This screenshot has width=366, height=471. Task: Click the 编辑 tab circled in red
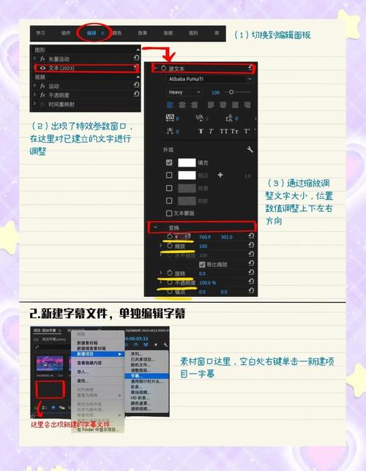pyautogui.click(x=91, y=33)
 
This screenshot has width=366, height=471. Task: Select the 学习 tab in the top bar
pyautogui.click(x=41, y=33)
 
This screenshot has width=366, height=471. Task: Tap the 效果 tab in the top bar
pyautogui.click(x=143, y=33)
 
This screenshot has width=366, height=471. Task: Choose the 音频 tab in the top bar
pyautogui.click(x=168, y=33)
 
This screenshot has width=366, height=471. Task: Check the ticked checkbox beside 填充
pyautogui.click(x=169, y=162)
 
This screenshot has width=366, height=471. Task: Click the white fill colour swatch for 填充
pyautogui.click(x=191, y=162)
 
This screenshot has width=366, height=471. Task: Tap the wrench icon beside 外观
pyautogui.click(x=250, y=149)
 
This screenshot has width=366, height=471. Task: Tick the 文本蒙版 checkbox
pyautogui.click(x=169, y=214)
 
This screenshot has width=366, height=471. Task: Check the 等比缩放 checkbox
pyautogui.click(x=192, y=263)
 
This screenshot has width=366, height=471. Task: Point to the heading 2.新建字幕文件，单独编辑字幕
pyautogui.click(x=107, y=313)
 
